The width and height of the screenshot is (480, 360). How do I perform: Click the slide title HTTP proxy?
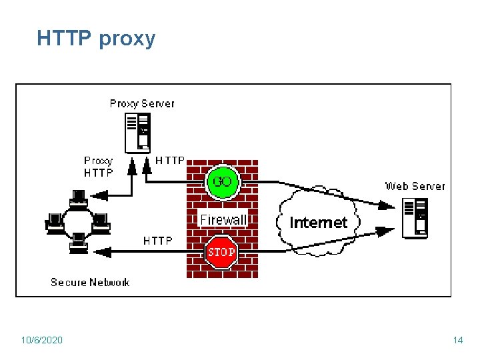click(x=96, y=39)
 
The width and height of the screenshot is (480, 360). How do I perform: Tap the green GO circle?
click(x=221, y=182)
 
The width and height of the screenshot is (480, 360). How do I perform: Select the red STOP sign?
click(x=221, y=252)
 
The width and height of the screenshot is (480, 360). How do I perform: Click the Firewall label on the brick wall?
click(x=223, y=219)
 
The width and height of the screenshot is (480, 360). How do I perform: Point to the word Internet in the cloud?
click(x=319, y=223)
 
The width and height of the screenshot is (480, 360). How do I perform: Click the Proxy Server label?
click(x=142, y=103)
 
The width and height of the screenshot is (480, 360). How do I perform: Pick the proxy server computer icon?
click(x=138, y=131)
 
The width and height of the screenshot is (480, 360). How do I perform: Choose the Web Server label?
click(x=415, y=186)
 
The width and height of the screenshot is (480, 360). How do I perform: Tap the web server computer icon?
click(x=415, y=219)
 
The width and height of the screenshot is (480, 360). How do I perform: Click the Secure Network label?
click(x=90, y=282)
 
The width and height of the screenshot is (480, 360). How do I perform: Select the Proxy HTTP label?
click(x=99, y=167)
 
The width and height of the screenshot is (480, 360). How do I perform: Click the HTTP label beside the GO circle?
click(x=170, y=160)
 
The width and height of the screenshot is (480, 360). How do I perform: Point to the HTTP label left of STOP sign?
click(x=158, y=241)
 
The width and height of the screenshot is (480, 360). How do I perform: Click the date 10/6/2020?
click(x=41, y=341)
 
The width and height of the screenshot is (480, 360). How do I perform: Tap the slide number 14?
click(x=457, y=341)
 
